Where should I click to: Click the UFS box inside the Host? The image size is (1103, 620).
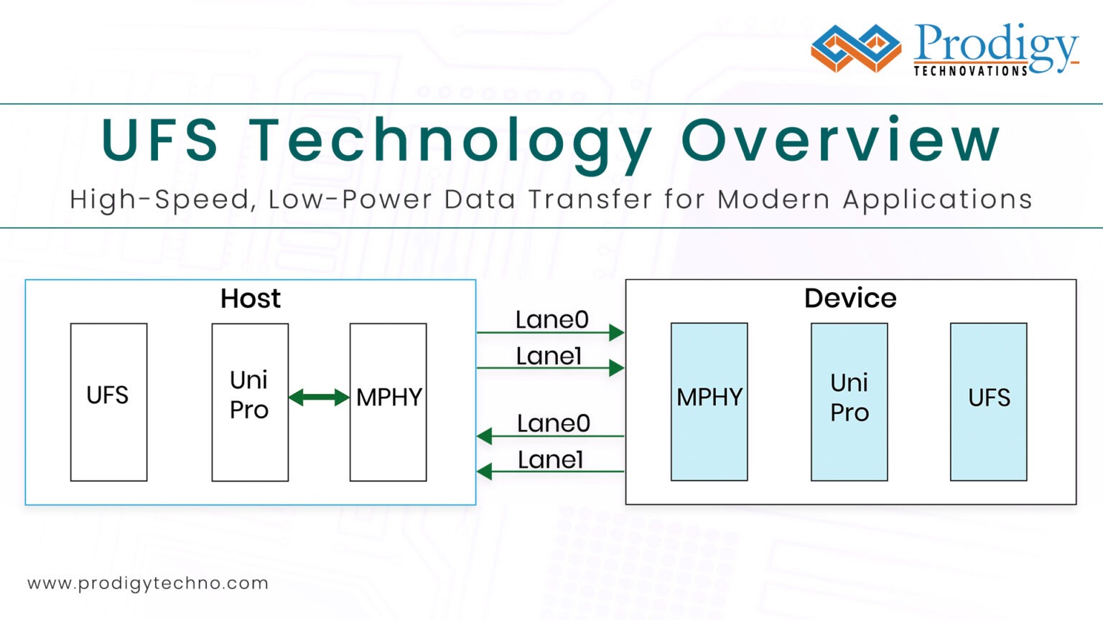[108, 402]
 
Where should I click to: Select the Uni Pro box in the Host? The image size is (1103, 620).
[250, 402]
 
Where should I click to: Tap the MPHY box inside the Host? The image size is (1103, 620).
[388, 402]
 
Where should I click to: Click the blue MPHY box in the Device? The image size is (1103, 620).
[709, 402]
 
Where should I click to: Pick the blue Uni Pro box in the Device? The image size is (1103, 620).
[849, 402]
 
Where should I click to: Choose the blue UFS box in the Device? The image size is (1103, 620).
[988, 402]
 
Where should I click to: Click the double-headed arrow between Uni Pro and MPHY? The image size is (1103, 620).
[319, 397]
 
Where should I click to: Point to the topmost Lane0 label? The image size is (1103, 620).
[551, 319]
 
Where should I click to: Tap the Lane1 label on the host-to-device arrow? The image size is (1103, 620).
[549, 356]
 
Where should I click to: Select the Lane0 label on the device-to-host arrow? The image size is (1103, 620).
[553, 423]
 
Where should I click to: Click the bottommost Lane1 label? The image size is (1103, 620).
[550, 460]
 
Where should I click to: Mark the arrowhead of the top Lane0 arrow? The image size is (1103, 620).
[616, 332]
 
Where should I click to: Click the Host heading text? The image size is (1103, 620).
[250, 299]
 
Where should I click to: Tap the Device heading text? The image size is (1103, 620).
[850, 299]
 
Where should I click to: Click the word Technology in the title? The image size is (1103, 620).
[450, 141]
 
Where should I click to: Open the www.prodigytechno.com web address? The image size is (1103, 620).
[148, 583]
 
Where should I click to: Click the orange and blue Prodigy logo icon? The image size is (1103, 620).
[855, 48]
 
